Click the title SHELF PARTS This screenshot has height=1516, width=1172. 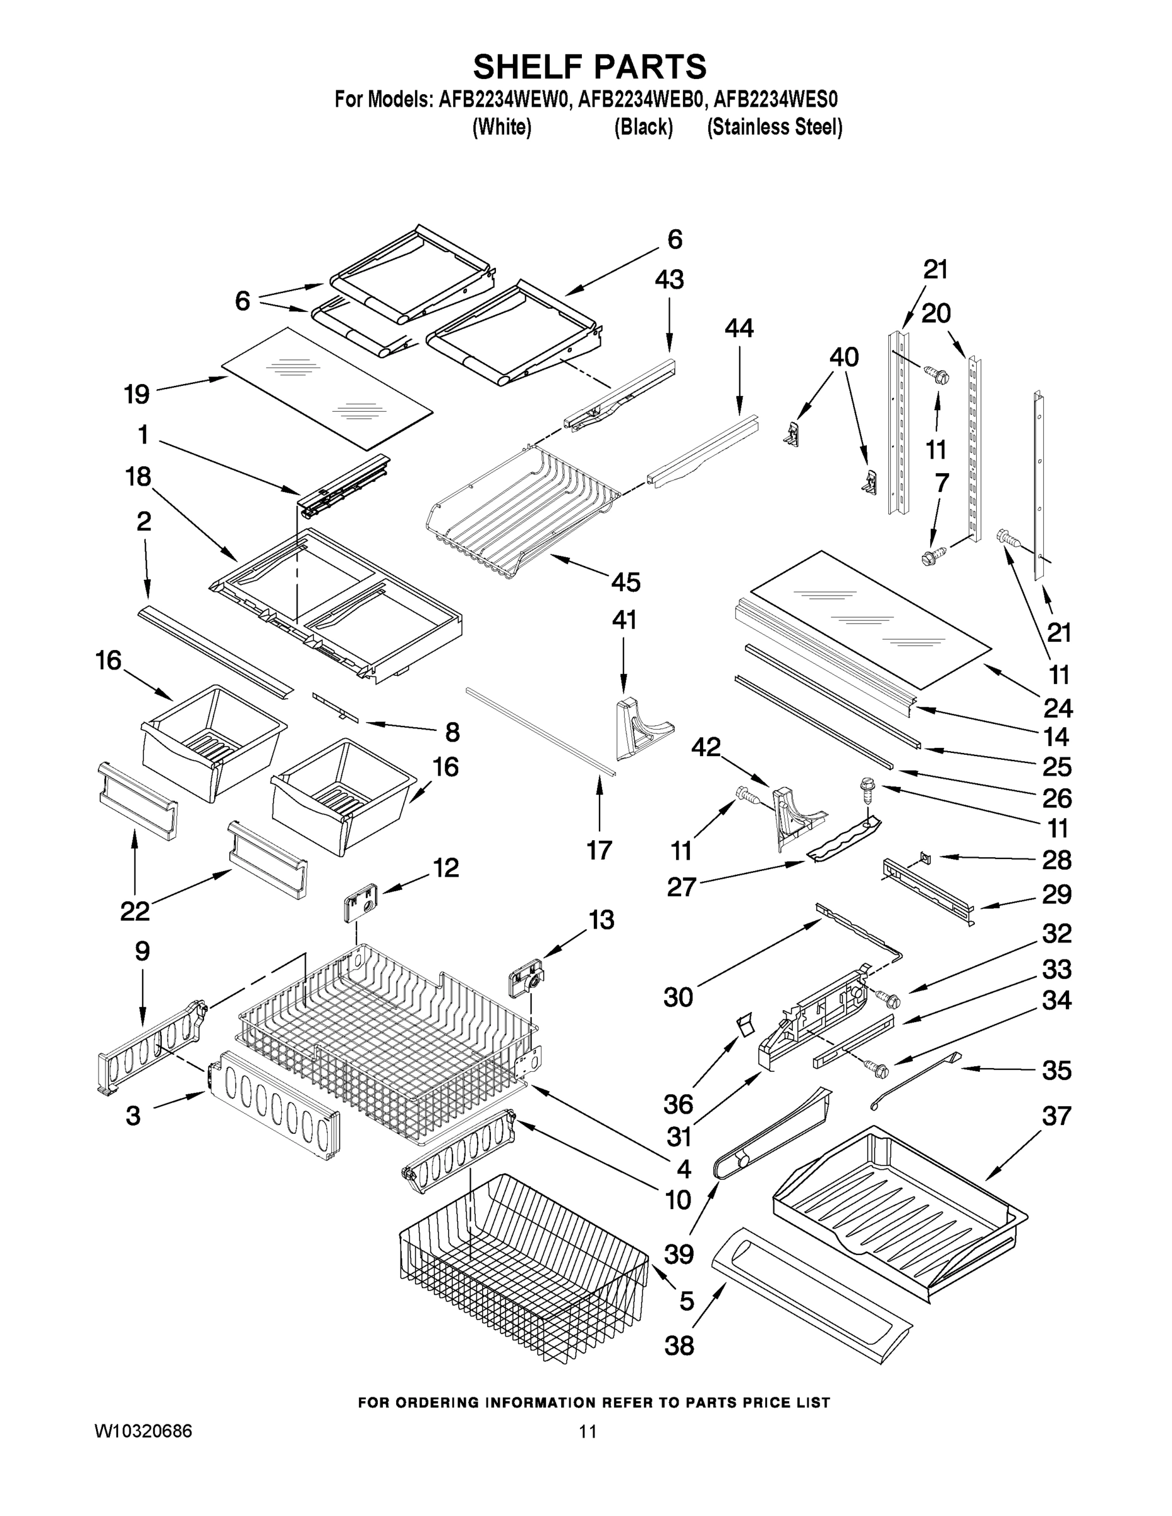(x=589, y=68)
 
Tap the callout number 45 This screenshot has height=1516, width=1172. (x=625, y=582)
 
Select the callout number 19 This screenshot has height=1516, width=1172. (x=136, y=394)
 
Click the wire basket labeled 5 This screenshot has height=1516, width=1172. (x=521, y=1270)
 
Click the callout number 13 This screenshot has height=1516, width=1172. (x=601, y=920)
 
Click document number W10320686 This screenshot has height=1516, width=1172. (x=143, y=1431)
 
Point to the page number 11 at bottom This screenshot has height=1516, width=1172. (x=588, y=1431)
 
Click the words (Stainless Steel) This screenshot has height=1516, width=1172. (x=774, y=128)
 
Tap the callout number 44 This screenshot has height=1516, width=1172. (x=739, y=328)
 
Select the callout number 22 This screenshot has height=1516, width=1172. (x=135, y=911)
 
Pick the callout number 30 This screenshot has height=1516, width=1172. (x=679, y=997)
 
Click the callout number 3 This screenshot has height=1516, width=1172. (x=133, y=1116)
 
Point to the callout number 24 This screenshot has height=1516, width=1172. (x=1058, y=708)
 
